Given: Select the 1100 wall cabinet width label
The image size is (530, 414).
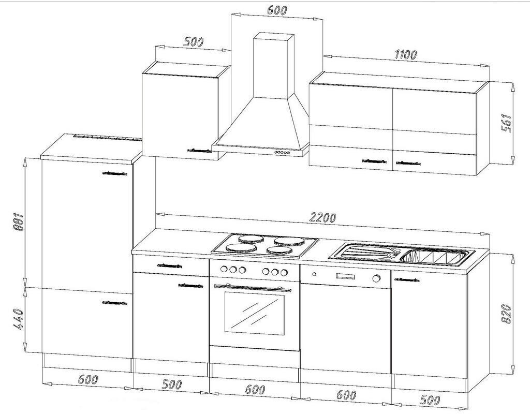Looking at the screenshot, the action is [x=406, y=54].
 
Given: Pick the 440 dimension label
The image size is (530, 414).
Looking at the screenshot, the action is [x=18, y=321].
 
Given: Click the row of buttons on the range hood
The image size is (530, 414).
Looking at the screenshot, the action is [x=282, y=153].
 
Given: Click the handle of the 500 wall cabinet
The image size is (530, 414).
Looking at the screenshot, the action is [x=199, y=150].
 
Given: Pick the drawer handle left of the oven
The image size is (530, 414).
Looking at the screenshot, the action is [x=169, y=265].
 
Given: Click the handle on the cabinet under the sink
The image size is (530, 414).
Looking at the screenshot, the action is [x=407, y=279].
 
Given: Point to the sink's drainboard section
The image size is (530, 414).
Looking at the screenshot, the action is [x=365, y=253].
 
